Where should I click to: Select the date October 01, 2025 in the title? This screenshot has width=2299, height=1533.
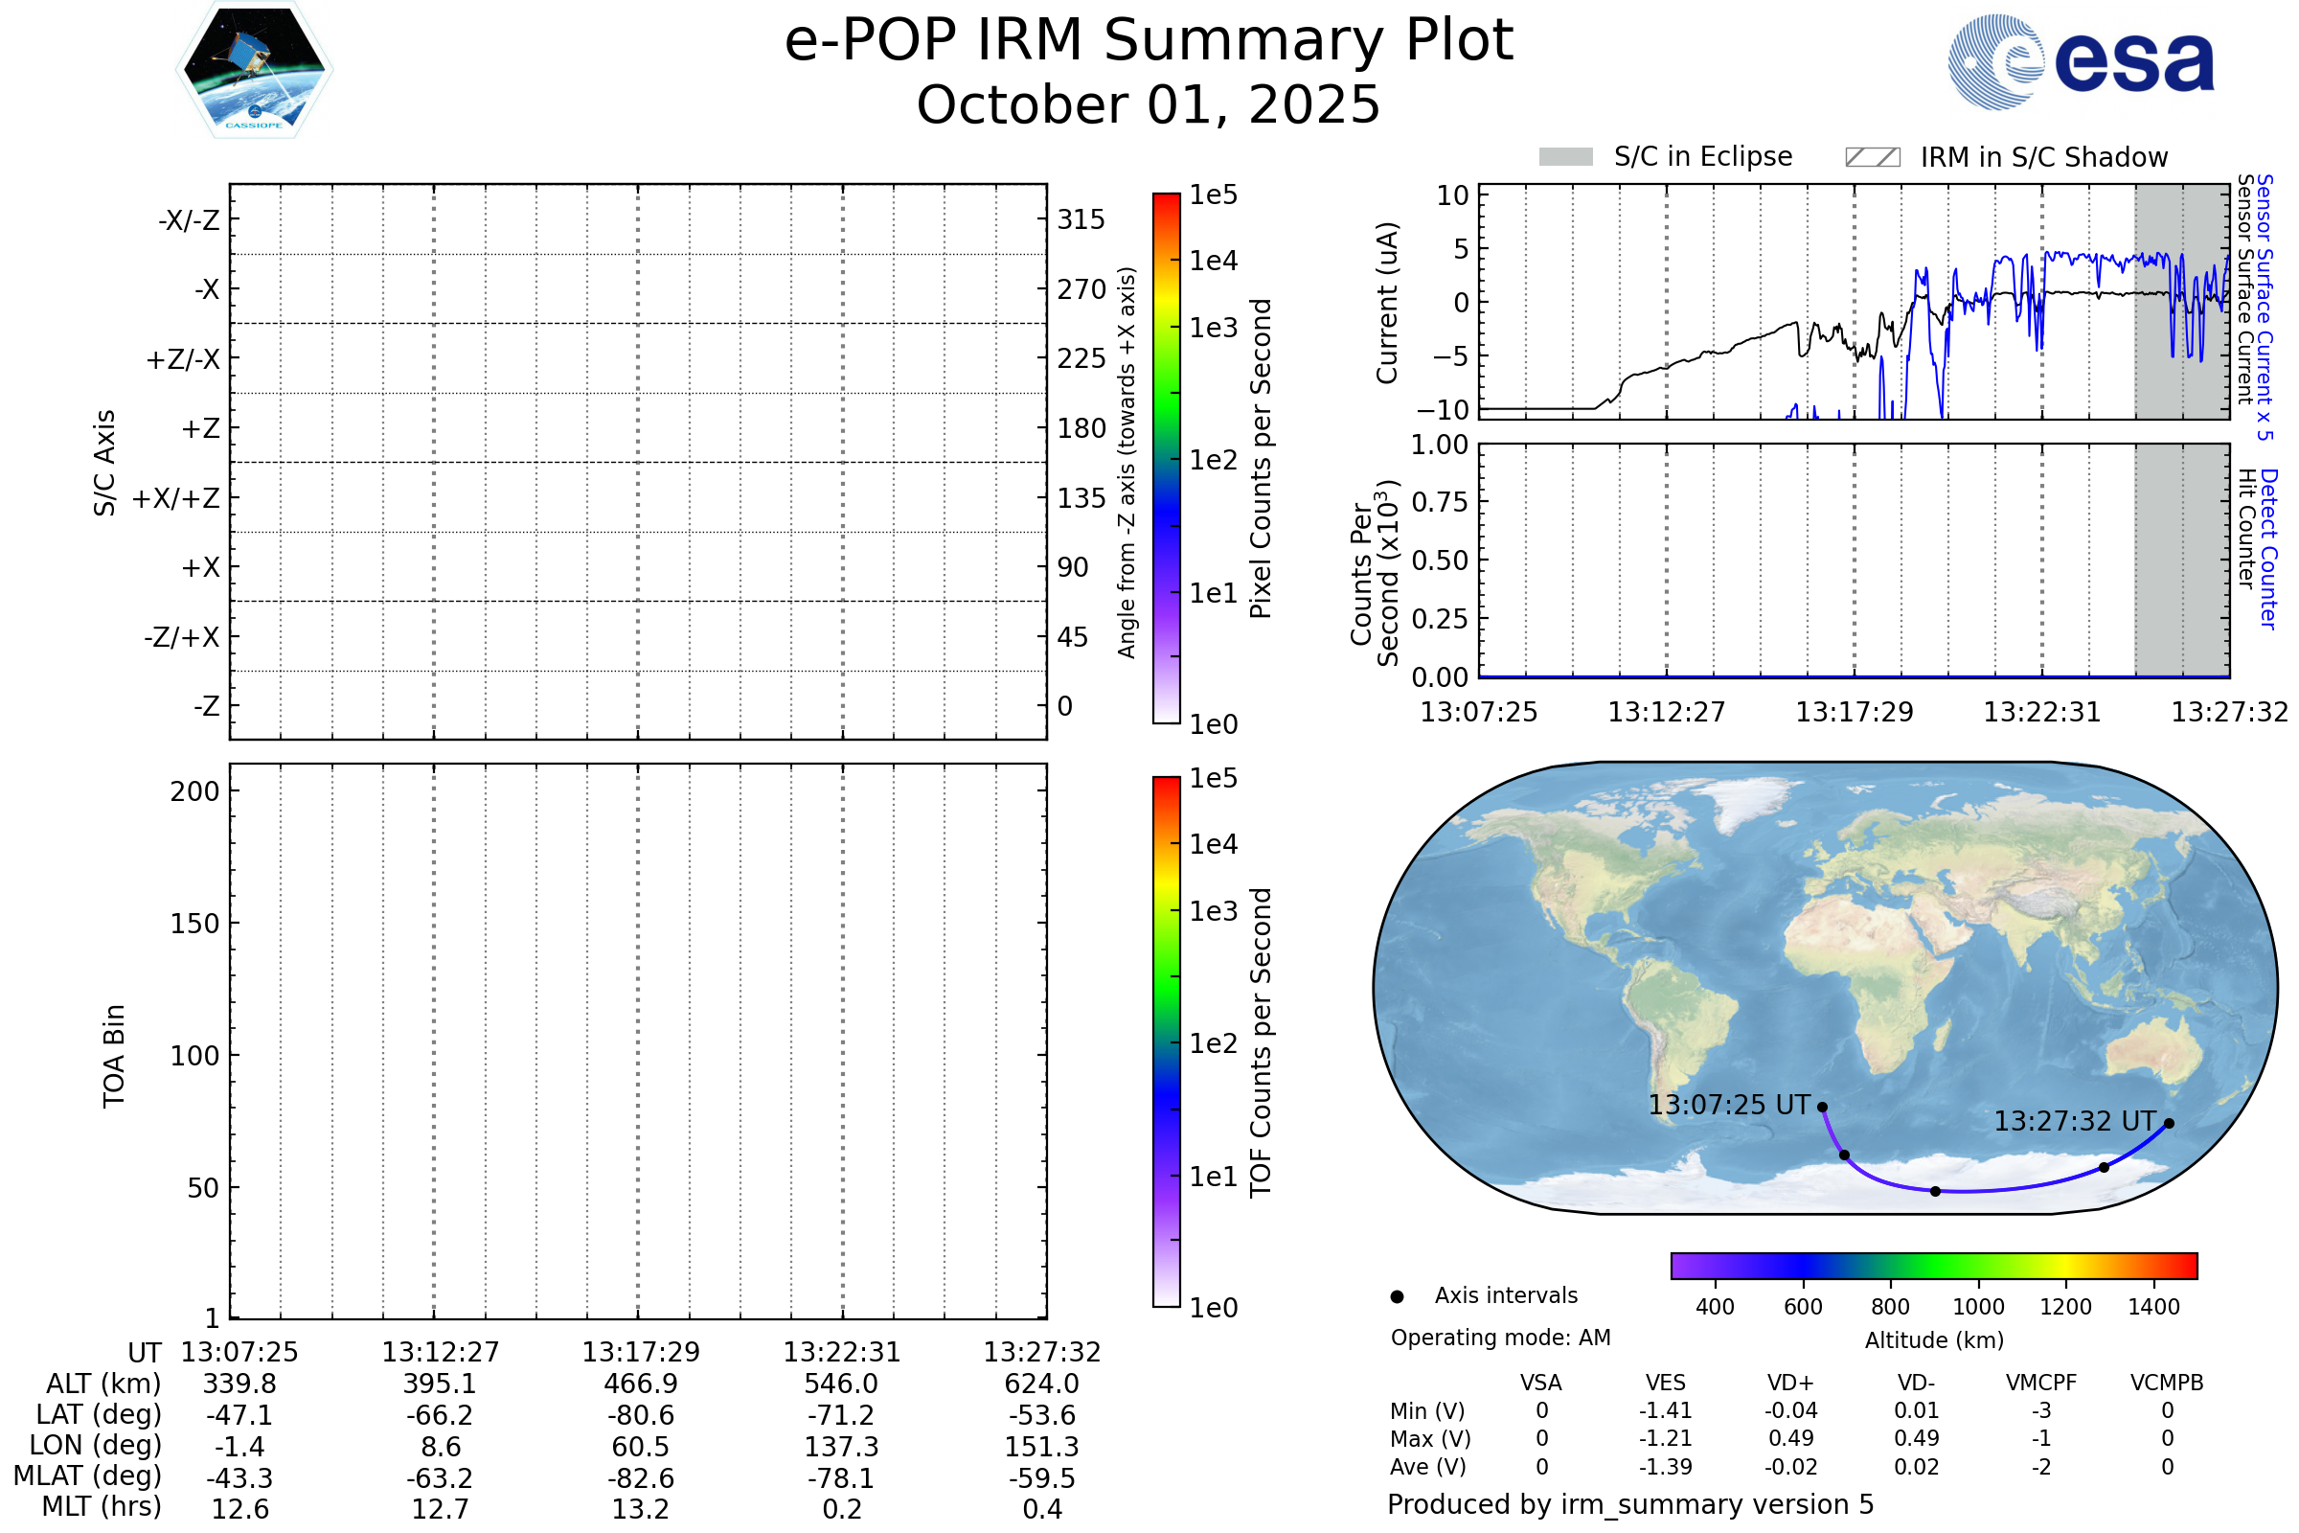click(1149, 104)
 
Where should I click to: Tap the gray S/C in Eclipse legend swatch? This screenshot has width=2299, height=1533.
click(1565, 157)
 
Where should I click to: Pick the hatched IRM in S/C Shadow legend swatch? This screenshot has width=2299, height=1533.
click(1872, 157)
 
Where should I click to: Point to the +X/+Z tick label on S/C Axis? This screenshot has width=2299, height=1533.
click(176, 498)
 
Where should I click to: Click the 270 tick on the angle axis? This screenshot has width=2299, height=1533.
click(1081, 289)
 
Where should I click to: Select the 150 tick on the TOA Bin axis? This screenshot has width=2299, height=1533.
click(194, 924)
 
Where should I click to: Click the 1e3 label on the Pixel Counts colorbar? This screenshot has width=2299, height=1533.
click(1213, 328)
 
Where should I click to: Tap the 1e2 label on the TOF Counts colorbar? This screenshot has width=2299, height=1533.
click(1213, 1044)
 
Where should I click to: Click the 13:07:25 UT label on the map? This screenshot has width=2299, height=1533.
click(1729, 1106)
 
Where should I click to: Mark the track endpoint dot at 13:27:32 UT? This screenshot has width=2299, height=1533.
click(2169, 1123)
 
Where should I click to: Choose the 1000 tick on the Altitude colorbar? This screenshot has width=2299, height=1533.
click(1978, 1307)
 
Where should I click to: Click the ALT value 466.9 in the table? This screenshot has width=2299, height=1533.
click(640, 1384)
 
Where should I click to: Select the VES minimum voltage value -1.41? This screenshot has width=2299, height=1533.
click(1666, 1410)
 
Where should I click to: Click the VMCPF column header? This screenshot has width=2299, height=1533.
click(2041, 1384)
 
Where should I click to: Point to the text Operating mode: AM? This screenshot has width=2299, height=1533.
click(1500, 1338)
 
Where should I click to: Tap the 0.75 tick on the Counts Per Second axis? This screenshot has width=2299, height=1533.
click(1439, 502)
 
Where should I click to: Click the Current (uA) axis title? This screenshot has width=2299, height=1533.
click(1387, 303)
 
